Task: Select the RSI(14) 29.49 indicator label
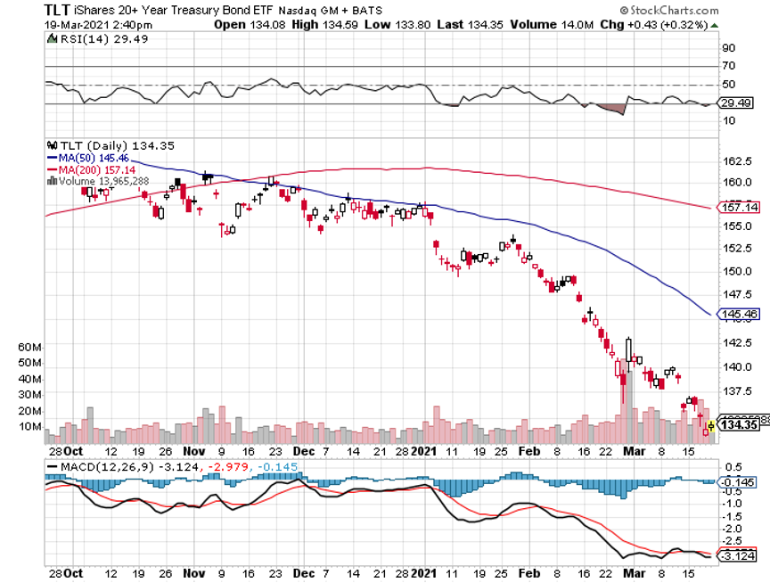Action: point(86,38)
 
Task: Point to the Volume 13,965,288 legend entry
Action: point(104,181)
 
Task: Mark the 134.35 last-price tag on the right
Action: point(738,424)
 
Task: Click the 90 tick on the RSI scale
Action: point(728,48)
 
